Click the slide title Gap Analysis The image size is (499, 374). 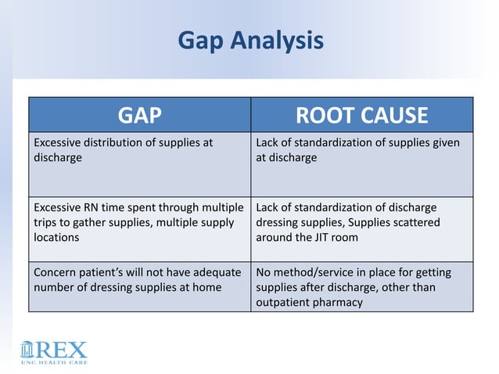250,40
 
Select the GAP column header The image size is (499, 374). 140,116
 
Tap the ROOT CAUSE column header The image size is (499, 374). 361,116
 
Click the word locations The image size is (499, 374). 55,239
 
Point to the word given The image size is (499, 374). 444,142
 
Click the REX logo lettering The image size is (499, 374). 63,349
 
